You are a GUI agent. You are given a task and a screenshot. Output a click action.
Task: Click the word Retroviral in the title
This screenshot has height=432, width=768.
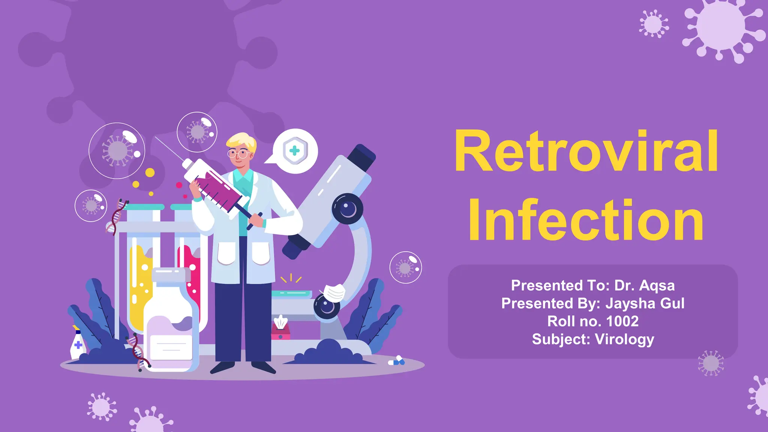(586, 151)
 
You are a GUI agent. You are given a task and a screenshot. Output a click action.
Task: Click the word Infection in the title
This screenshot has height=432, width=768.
(586, 220)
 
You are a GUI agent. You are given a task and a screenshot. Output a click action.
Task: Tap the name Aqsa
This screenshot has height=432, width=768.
(657, 285)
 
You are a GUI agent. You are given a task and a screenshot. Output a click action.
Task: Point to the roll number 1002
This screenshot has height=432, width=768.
(622, 321)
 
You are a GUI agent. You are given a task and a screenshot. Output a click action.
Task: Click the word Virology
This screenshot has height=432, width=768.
(624, 339)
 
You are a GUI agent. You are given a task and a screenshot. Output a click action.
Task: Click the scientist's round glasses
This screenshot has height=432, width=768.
(239, 153)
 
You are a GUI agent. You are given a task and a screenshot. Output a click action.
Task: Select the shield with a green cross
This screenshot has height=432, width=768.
(295, 151)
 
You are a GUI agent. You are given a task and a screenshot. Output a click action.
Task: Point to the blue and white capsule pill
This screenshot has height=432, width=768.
(397, 361)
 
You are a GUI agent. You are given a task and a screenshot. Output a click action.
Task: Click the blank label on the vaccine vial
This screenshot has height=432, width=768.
(171, 347)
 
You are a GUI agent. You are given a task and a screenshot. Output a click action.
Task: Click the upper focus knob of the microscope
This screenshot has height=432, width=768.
(348, 208)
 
